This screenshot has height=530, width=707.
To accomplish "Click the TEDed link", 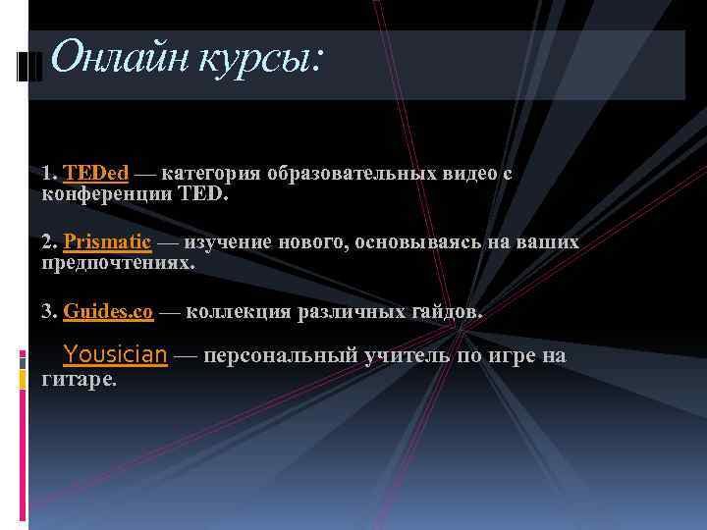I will pyautogui.click(x=96, y=174).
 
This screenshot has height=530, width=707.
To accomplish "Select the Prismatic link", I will pyautogui.click(x=107, y=242).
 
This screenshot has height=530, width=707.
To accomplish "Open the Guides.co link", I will pyautogui.click(x=108, y=312).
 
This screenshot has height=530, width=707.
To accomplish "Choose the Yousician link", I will pyautogui.click(x=115, y=354).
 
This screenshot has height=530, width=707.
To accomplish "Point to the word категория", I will pyautogui.click(x=214, y=174).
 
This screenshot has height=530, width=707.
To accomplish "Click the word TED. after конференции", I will pyautogui.click(x=203, y=194).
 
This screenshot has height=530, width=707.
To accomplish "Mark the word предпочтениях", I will pyautogui.click(x=119, y=263).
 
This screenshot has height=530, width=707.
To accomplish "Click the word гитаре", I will pyautogui.click(x=80, y=378).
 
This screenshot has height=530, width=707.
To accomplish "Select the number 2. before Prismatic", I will pyautogui.click(x=50, y=242).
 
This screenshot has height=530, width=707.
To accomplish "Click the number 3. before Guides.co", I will pyautogui.click(x=50, y=312).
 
